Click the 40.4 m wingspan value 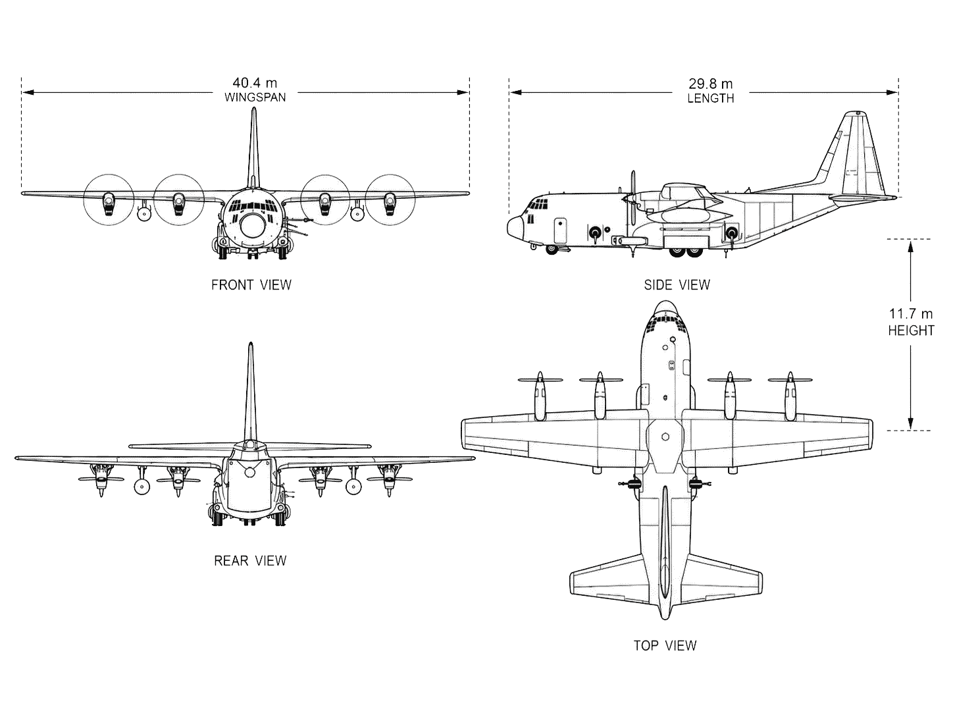(x=255, y=82)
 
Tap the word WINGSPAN (x=255, y=97)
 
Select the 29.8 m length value (x=710, y=84)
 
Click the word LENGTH (x=710, y=99)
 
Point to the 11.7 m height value (x=910, y=313)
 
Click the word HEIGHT (x=911, y=331)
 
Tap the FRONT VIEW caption (x=251, y=285)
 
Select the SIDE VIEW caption (x=677, y=285)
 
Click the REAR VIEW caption (x=250, y=560)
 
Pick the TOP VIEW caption (x=665, y=645)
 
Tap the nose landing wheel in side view (x=552, y=250)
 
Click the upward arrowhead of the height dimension (x=910, y=246)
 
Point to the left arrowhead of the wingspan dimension (x=28, y=92)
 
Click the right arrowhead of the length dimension (x=892, y=92)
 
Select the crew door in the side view (x=560, y=230)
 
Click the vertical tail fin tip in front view (x=254, y=109)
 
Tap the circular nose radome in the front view (x=253, y=226)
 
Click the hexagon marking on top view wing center (x=665, y=437)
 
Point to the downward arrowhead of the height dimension (x=910, y=423)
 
